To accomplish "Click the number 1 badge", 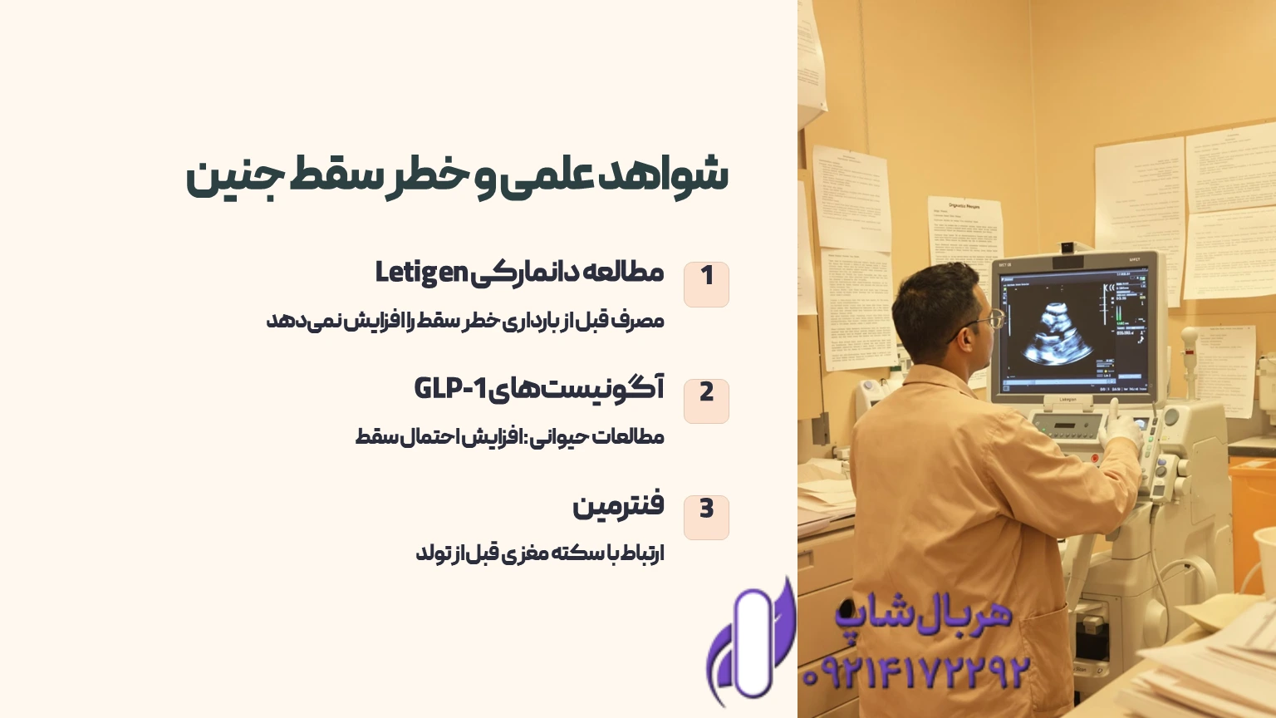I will click(x=706, y=283).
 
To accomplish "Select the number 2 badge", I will click(x=706, y=400).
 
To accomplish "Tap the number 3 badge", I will click(x=706, y=516).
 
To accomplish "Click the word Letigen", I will click(x=421, y=273).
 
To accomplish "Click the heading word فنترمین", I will click(x=618, y=505).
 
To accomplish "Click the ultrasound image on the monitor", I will click(x=1055, y=332).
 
